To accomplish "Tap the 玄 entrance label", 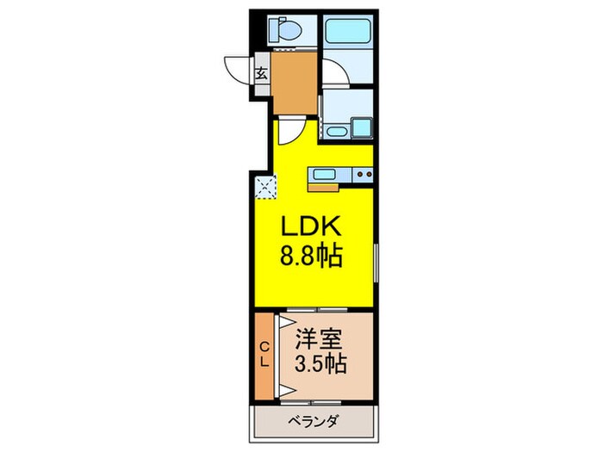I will (x=260, y=73).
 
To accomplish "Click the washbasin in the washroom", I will (x=337, y=132).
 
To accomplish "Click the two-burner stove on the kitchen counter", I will (x=362, y=175).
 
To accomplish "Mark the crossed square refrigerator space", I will (x=265, y=184).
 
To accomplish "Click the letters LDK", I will (x=311, y=228).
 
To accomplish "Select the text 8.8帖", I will (x=311, y=256).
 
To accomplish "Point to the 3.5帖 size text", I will (x=320, y=364).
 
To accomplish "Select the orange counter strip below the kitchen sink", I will (x=325, y=185).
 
